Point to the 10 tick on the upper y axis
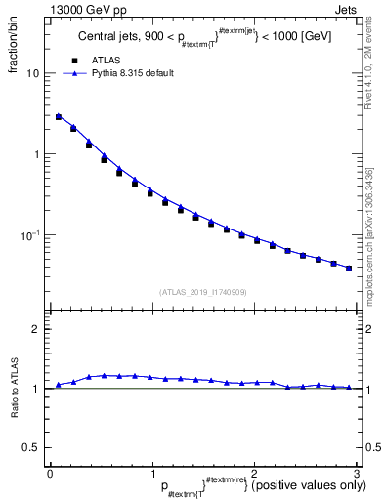(32, 73)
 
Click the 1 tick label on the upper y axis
(35, 154)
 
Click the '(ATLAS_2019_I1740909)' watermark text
(202, 292)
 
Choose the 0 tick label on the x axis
(50, 475)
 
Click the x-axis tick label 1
(152, 475)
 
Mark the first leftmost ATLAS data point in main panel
(59, 117)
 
